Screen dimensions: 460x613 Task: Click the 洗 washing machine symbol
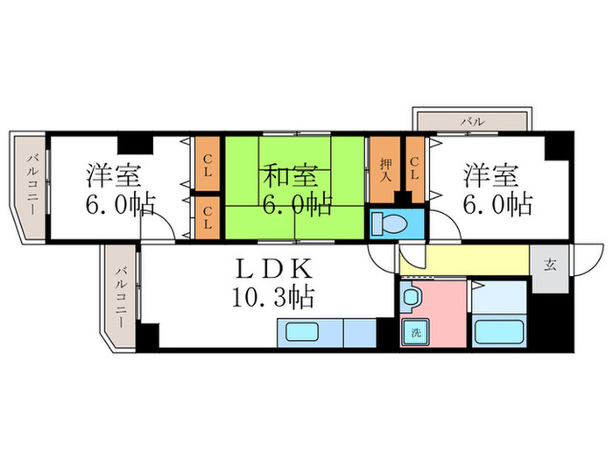coord(412,331)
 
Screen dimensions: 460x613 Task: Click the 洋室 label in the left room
coord(112,176)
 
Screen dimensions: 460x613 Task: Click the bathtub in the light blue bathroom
coord(498,332)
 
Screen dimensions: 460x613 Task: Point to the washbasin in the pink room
coord(411,298)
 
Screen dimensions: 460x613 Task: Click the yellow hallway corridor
coord(464,261)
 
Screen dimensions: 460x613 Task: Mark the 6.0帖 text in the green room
coord(297,205)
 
